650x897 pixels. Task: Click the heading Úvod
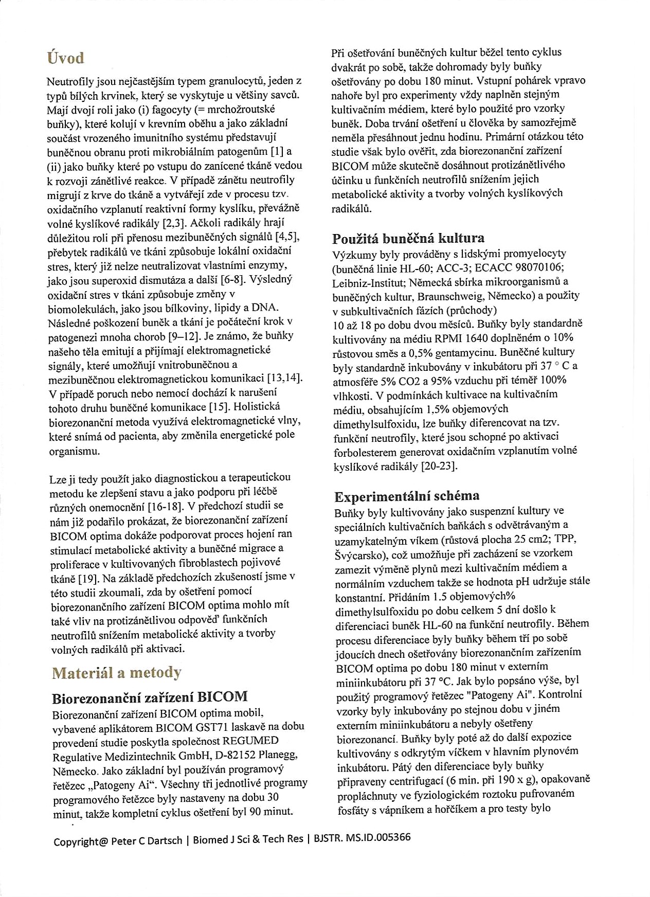click(x=65, y=58)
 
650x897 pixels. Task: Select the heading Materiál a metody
click(x=117, y=673)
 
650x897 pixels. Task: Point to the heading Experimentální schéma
click(x=407, y=496)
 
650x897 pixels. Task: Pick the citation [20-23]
click(x=439, y=467)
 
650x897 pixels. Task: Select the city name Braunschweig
click(x=450, y=297)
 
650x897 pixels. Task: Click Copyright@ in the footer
click(x=81, y=841)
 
